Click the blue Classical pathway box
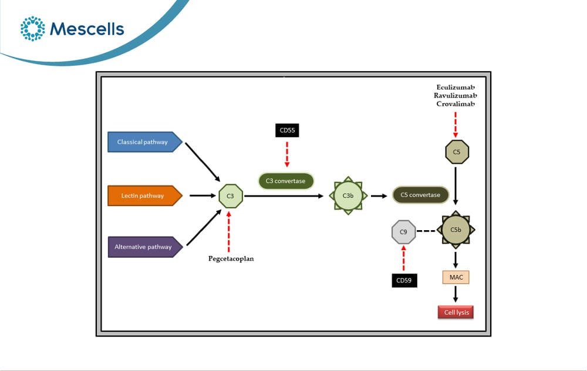145,142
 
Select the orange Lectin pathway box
145,195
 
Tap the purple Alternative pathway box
145,247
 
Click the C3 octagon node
231,196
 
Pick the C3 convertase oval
286,181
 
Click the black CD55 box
287,130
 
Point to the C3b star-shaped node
348,195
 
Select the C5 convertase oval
420,195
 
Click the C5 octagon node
457,152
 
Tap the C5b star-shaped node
456,230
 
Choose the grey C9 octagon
404,232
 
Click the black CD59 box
404,281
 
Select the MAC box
456,278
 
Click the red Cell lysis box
456,312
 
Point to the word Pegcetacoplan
231,259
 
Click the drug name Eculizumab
456,87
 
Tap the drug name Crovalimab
456,104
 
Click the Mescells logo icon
32,28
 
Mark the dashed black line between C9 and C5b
426,231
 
